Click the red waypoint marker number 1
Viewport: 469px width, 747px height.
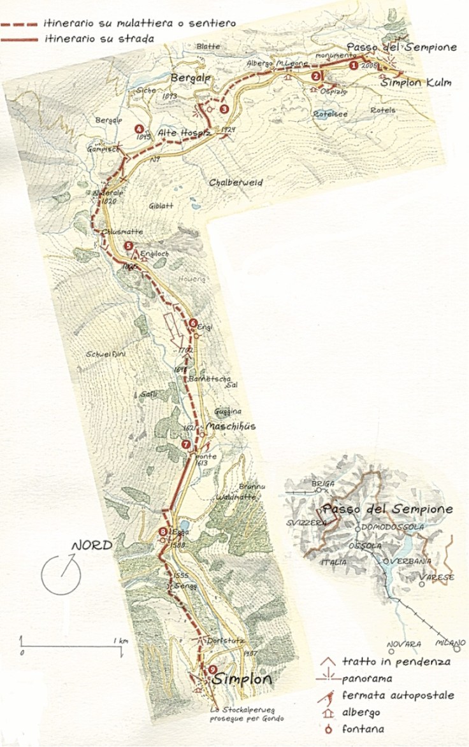(355, 65)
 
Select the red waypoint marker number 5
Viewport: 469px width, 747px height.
(129, 246)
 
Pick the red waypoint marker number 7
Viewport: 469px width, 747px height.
(185, 444)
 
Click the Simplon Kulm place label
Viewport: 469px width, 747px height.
(416, 82)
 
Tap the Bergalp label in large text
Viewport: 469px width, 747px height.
(190, 77)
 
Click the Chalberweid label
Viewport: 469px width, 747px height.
(236, 182)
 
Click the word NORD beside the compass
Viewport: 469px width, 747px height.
(91, 546)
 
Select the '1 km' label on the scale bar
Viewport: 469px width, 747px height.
(119, 640)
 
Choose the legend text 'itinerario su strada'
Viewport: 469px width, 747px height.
(99, 38)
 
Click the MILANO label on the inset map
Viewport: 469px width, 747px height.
(451, 643)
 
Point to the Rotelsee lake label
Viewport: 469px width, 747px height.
(329, 113)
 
